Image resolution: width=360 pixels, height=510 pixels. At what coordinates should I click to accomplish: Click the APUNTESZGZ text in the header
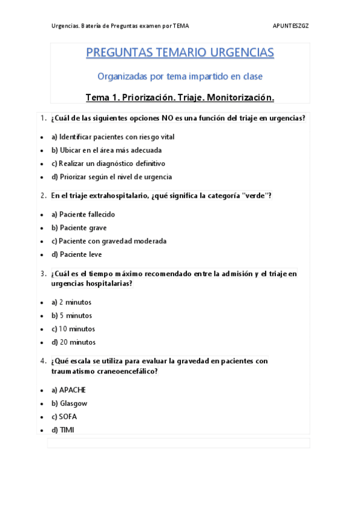[291, 26]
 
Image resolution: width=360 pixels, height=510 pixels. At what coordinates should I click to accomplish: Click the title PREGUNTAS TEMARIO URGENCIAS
[180, 53]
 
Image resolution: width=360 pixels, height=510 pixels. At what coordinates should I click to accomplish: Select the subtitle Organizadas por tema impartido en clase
[180, 76]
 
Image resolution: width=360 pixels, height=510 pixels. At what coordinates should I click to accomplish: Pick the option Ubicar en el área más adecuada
[106, 150]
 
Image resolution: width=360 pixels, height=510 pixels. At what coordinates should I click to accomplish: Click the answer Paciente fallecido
[83, 215]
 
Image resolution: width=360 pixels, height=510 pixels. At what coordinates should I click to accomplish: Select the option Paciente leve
[76, 254]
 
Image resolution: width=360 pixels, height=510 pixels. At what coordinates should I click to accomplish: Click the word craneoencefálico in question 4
[126, 372]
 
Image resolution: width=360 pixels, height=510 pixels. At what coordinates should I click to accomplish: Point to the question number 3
[43, 274]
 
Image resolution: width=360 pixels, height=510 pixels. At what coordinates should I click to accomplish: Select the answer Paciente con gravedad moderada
[109, 241]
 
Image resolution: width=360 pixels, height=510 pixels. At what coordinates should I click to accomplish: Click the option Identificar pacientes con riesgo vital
[113, 137]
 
